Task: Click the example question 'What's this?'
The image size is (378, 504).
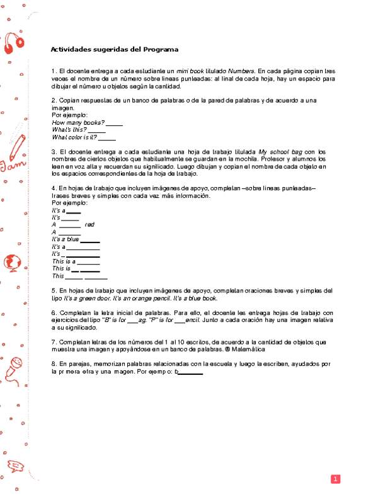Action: tap(69, 130)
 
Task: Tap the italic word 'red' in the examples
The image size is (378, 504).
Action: tap(89, 224)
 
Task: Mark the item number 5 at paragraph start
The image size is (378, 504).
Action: tap(53, 290)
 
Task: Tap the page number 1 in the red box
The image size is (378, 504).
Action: tap(336, 479)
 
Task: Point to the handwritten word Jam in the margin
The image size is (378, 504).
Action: tap(11, 166)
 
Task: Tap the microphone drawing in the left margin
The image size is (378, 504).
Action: tap(14, 366)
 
